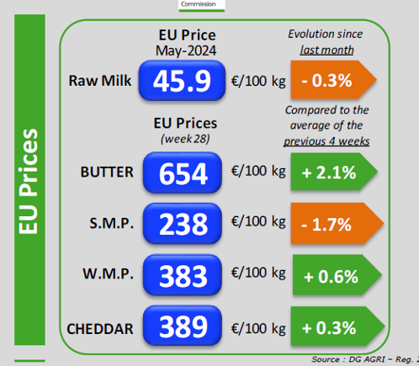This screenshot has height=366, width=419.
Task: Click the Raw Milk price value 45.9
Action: [x=182, y=81]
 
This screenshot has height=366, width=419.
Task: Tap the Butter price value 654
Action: [x=183, y=172]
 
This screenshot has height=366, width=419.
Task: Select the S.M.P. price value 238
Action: [x=183, y=223]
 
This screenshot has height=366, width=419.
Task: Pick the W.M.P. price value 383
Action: [x=183, y=275]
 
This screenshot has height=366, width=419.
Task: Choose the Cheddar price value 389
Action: [x=183, y=326]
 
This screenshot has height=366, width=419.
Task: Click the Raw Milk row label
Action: [x=100, y=81]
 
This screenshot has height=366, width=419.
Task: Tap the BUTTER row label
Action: [x=107, y=172]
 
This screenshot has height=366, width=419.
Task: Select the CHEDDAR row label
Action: [x=100, y=329]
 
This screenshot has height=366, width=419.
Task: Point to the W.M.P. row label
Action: [x=108, y=273]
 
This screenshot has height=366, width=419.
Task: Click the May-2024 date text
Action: [x=186, y=51]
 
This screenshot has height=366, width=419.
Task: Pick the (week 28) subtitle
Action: [x=185, y=139]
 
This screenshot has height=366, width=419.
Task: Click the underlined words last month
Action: [x=326, y=50]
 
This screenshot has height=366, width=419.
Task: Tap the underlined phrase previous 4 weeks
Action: [x=326, y=141]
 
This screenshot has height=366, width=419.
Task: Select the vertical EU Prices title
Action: [x=28, y=182]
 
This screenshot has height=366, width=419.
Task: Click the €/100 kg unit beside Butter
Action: [x=258, y=171]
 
